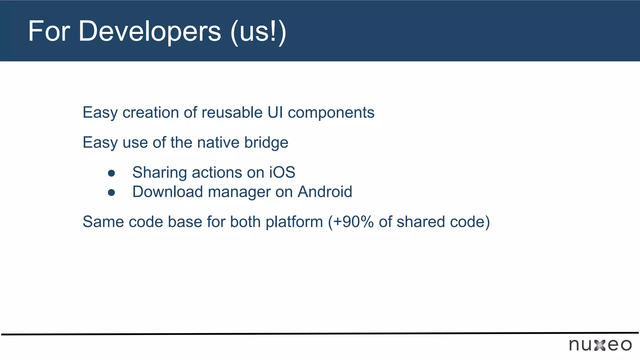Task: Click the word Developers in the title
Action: point(149,31)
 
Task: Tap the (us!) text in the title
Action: point(258,32)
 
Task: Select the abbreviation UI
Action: point(275,112)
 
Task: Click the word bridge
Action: point(266,143)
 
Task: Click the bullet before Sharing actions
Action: point(111,173)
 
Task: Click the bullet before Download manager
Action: point(111,192)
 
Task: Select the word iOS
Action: point(282,172)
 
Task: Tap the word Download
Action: point(167,192)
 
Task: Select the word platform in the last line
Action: point(294,222)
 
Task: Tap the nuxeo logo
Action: point(600,345)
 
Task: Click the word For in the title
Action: point(49,31)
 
